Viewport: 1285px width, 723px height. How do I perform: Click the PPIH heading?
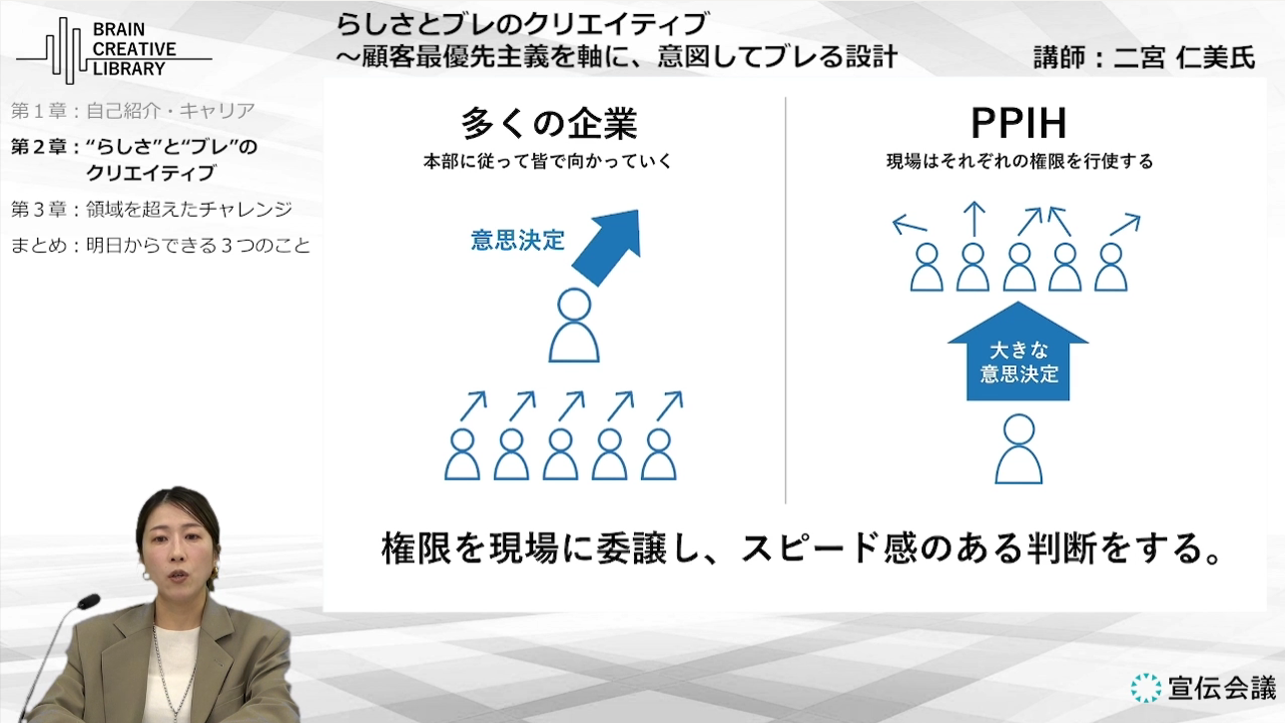tap(1018, 123)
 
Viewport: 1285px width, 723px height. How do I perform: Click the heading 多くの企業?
tap(549, 124)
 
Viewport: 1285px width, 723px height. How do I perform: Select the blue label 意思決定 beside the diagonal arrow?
tap(517, 240)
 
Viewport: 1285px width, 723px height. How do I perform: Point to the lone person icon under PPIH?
tap(1018, 449)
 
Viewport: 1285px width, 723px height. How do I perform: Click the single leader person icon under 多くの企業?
tap(574, 326)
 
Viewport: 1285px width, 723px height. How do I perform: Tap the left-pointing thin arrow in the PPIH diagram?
tap(910, 225)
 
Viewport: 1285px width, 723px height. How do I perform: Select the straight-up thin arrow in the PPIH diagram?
tap(973, 219)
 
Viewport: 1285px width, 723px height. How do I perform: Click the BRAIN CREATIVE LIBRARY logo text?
tap(134, 49)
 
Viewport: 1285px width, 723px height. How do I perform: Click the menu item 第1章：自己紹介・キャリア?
tap(133, 111)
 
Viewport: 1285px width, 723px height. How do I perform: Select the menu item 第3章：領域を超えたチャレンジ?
tap(152, 209)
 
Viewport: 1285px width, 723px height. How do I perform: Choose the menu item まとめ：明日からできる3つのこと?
tap(161, 246)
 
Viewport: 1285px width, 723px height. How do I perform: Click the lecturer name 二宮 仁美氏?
tap(1184, 57)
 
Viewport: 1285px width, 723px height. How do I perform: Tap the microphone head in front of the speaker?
tap(88, 602)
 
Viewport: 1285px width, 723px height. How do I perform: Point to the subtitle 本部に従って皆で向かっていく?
tap(548, 161)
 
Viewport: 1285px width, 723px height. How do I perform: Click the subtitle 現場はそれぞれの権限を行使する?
tap(1019, 161)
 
